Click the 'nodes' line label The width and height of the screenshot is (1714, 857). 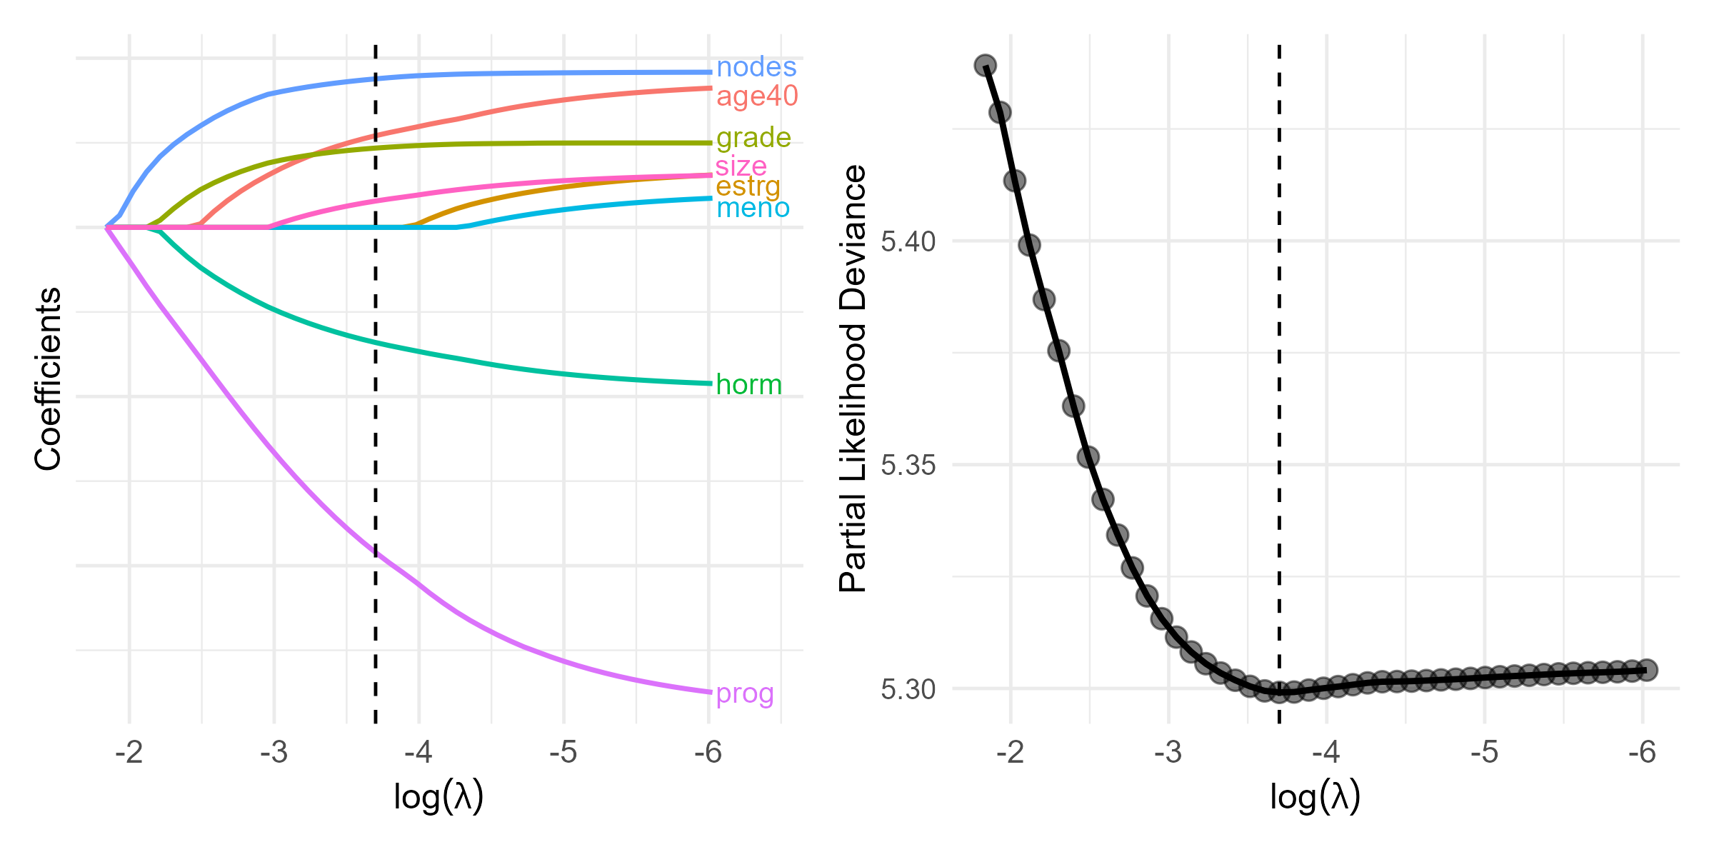(x=756, y=67)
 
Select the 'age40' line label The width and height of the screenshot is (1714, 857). (x=757, y=96)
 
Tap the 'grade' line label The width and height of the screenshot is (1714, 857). (x=753, y=137)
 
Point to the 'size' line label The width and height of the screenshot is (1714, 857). (x=741, y=166)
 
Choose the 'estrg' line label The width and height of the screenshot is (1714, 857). (x=748, y=186)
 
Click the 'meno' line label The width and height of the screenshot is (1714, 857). (x=753, y=209)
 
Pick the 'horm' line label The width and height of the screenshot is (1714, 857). (x=748, y=385)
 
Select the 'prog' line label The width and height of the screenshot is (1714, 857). (x=745, y=693)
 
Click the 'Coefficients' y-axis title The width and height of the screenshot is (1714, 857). (x=48, y=379)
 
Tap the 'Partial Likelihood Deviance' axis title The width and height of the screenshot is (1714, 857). (x=853, y=379)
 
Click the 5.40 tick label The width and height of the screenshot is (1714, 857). (x=908, y=242)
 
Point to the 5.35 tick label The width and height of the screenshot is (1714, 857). (x=908, y=466)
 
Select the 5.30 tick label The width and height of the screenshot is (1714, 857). (x=908, y=690)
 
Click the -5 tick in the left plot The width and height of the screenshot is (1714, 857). (x=563, y=753)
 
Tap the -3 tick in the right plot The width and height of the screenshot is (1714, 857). (x=1169, y=753)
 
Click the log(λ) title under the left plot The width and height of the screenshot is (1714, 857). (x=438, y=797)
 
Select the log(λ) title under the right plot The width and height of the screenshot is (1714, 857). (x=1315, y=797)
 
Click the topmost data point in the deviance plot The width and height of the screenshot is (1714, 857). (x=986, y=66)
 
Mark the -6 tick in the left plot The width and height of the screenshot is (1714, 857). (x=708, y=753)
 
